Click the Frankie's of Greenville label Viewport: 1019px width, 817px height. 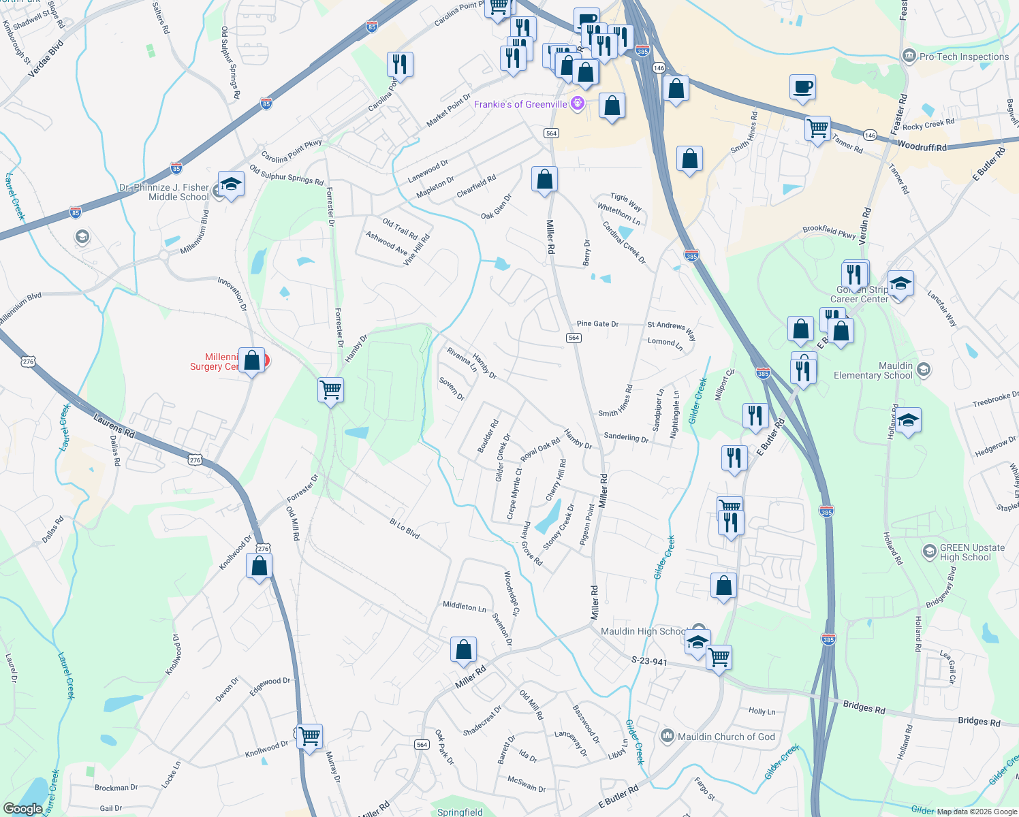(521, 104)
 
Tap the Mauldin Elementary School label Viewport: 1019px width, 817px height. (873, 370)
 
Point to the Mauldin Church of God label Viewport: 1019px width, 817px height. (726, 737)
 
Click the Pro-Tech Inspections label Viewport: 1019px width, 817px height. (964, 57)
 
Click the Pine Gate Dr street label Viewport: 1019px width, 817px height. (597, 324)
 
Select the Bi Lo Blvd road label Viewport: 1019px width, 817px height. (405, 528)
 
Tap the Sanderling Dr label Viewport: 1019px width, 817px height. (626, 438)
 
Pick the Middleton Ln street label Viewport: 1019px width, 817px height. (465, 606)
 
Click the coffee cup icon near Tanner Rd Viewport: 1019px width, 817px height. (802, 88)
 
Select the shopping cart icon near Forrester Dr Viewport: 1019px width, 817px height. (330, 390)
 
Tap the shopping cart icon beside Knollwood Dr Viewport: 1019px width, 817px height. (309, 735)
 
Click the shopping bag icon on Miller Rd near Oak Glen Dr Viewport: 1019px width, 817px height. (544, 180)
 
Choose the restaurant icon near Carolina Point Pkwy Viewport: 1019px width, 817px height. (400, 65)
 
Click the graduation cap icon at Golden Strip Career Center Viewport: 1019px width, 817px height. (900, 283)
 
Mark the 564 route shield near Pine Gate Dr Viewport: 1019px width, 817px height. (574, 338)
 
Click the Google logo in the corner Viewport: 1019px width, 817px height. (22, 808)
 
